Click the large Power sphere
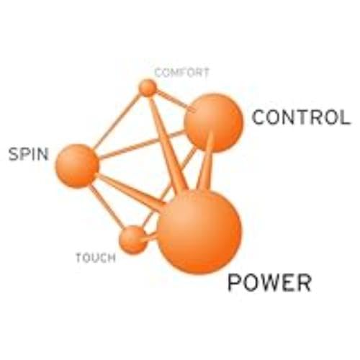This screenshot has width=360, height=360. [199, 232]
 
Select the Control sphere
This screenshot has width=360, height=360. [214, 122]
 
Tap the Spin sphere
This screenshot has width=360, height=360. [77, 166]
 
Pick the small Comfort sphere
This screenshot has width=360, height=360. [148, 88]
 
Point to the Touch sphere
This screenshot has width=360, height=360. [132, 240]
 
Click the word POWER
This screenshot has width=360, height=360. [269, 283]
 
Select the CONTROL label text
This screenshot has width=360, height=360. [301, 117]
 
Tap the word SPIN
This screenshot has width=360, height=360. [28, 153]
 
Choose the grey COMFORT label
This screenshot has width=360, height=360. [181, 73]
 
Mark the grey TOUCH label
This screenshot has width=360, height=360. [96, 258]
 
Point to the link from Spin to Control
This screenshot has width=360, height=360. [142, 145]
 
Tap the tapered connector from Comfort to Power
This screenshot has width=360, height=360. [168, 143]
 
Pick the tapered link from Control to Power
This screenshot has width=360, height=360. [204, 161]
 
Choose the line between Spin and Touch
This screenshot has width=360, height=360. [107, 207]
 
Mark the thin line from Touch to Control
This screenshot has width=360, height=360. [169, 188]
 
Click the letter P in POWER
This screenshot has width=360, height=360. [233, 283]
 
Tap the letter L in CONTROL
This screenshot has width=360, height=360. [345, 117]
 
